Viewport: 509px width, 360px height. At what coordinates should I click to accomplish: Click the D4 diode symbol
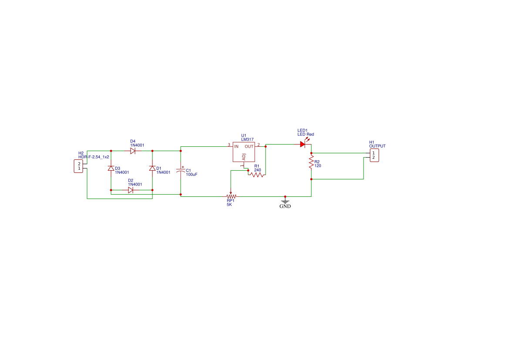pos(133,151)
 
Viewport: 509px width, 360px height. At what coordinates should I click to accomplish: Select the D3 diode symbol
pos(111,168)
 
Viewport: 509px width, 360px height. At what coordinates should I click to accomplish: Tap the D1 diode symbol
pos(152,168)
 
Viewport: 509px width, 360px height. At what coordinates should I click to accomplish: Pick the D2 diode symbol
pos(131,190)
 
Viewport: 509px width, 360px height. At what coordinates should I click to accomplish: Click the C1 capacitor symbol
pos(181,171)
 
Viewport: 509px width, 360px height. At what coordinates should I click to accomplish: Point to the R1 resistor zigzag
pos(257,175)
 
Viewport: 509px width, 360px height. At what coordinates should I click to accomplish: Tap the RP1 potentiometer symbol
pos(231,196)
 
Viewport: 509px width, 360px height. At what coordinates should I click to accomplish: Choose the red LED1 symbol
pos(303,144)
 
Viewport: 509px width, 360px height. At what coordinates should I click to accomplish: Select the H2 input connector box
pos(78,166)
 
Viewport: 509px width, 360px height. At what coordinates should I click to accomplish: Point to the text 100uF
pos(192,175)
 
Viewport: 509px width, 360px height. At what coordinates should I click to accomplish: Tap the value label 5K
pos(229,205)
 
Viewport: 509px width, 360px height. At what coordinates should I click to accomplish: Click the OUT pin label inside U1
pos(249,147)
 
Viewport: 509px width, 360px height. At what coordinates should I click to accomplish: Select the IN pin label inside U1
pos(236,147)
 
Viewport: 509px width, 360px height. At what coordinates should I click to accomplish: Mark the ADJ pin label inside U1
pos(244,157)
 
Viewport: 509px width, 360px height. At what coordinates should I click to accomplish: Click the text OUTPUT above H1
pos(377,146)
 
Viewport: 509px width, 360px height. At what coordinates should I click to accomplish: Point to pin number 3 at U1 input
pos(229,145)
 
